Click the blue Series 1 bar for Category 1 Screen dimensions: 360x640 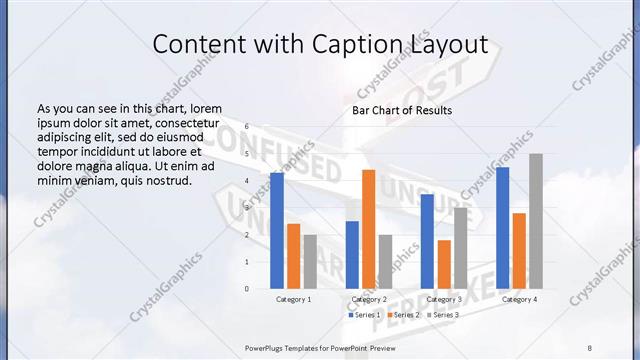tap(277, 231)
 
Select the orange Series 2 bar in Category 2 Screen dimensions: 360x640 tap(368, 229)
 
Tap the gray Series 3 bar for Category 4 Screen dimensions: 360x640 tap(536, 221)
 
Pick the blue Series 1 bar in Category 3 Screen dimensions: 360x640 tap(427, 241)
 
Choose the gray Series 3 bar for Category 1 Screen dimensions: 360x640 tap(310, 262)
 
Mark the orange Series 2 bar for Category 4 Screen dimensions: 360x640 tap(519, 251)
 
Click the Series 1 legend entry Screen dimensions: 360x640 tap(365, 315)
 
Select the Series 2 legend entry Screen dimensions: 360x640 tap(401, 315)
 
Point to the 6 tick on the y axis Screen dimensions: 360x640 tap(247, 127)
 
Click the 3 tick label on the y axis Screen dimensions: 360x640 tap(247, 208)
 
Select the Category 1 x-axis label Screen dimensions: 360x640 tap(293, 299)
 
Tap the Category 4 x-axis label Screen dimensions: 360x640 tap(519, 299)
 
